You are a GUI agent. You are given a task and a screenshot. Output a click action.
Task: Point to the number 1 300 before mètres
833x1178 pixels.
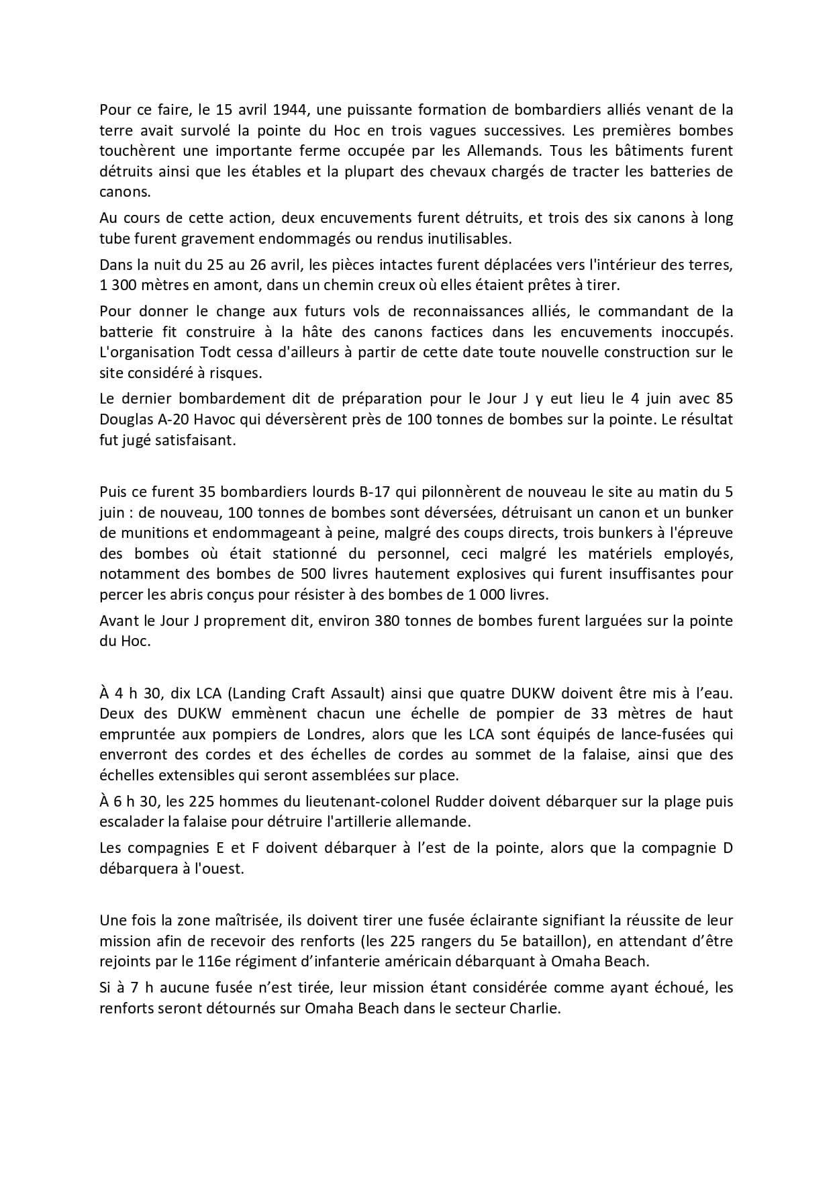121,285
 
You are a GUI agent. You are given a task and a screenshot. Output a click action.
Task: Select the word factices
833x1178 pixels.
458,332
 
